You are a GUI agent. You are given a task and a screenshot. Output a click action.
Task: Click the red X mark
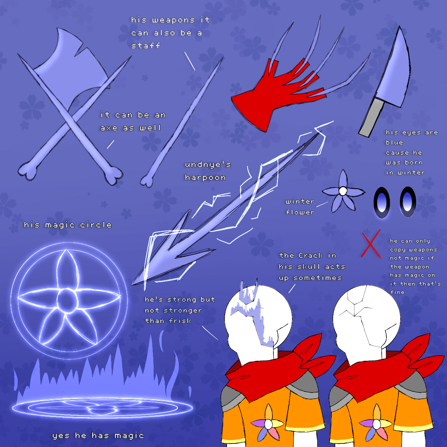tap(371, 244)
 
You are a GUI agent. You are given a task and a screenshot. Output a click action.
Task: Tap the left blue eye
tap(382, 202)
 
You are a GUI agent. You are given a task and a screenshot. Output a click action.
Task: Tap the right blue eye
tap(408, 201)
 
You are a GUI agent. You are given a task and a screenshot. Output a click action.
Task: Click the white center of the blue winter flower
tap(343, 191)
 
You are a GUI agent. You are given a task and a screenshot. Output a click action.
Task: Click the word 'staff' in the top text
tap(146, 46)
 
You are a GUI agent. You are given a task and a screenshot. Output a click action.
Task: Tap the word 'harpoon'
tap(205, 178)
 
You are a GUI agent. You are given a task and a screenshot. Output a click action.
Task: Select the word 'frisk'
tap(180, 321)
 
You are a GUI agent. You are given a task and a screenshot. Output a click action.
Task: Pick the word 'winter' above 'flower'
tap(300, 201)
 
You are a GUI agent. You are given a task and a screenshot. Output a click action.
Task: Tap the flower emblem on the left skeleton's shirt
tap(268, 424)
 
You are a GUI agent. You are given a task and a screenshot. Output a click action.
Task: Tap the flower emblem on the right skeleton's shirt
tap(376, 424)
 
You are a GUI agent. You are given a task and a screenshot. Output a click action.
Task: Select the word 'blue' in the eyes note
tap(394, 142)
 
